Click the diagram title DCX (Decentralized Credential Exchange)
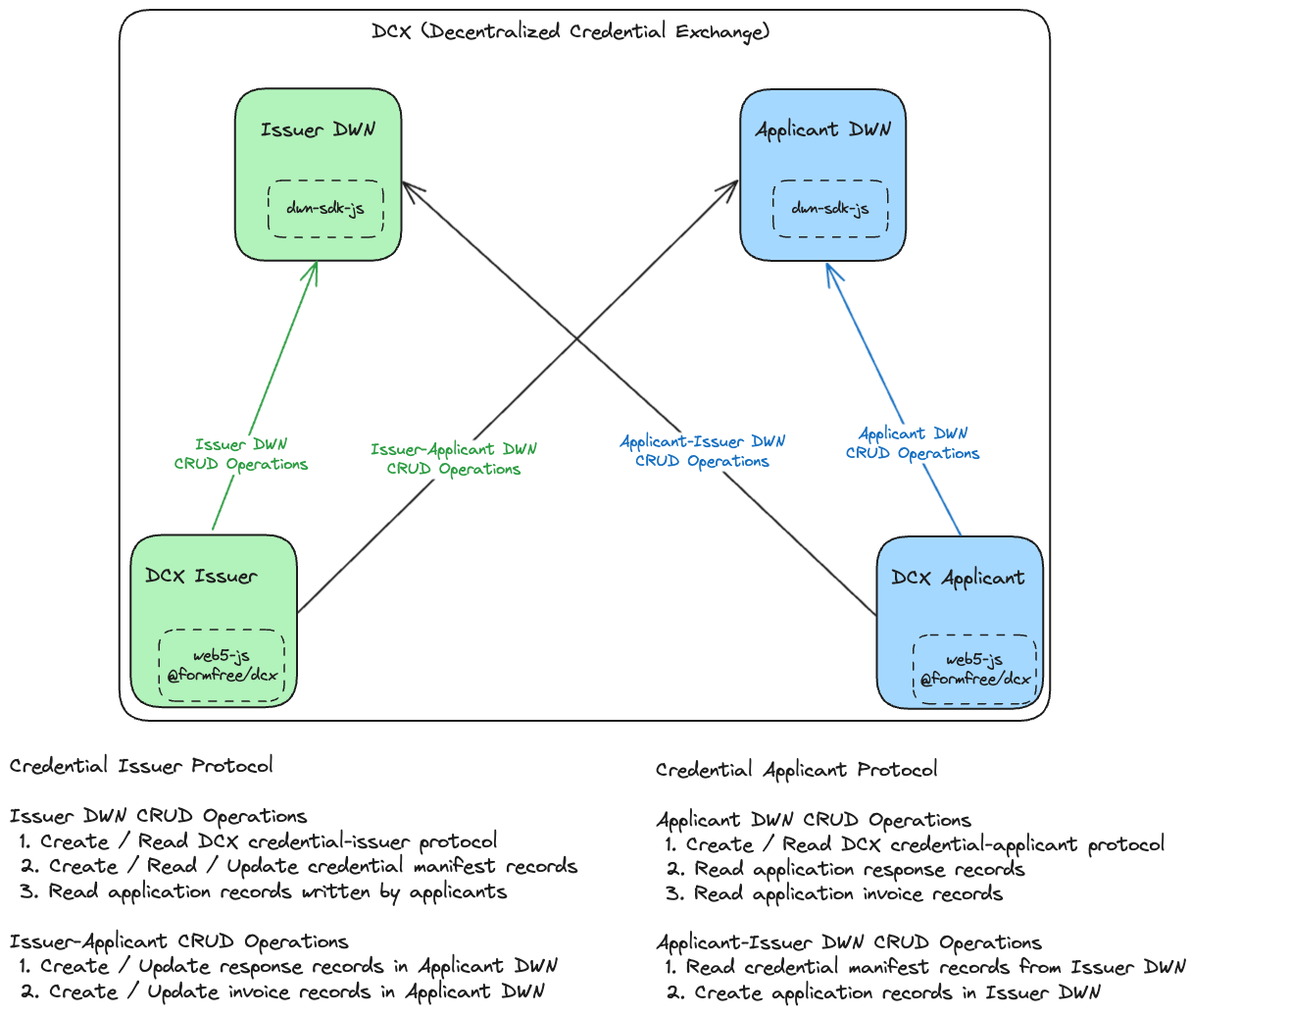tap(571, 31)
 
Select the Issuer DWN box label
tap(318, 129)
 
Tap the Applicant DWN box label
tap(823, 130)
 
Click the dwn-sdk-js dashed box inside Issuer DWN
tap(325, 209)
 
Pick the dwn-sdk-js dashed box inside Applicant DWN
tap(831, 209)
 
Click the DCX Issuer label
tap(201, 576)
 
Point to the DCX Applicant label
tap(958, 578)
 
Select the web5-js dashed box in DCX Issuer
tap(222, 665)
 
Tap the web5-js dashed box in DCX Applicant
tap(974, 670)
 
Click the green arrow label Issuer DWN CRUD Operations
tap(241, 454)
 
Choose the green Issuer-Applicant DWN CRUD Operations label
tap(454, 459)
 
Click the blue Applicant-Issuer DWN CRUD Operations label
tap(703, 451)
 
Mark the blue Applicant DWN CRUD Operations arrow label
tap(913, 443)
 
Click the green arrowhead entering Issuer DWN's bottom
tap(316, 264)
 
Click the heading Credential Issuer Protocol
tap(141, 766)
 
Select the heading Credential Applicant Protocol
tap(796, 770)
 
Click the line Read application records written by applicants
tap(263, 892)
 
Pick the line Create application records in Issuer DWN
tap(883, 992)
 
